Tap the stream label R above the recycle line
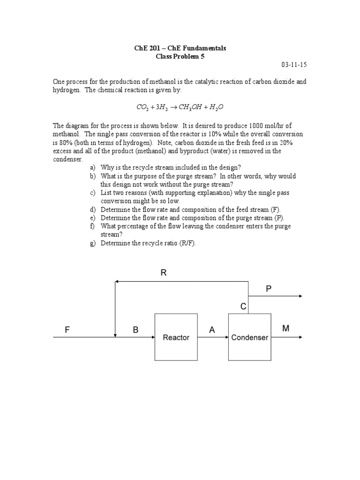(164, 273)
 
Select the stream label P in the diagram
(269, 289)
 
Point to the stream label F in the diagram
(67, 330)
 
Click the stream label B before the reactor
(135, 330)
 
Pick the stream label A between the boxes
(212, 330)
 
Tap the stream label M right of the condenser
(285, 329)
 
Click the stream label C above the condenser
(243, 307)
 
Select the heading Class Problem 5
(180, 56)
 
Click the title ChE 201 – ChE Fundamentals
(180, 48)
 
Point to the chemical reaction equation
(180, 107)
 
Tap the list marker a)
(92, 168)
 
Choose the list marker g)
(92, 244)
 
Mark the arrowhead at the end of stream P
(300, 296)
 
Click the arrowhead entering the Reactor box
(152, 337)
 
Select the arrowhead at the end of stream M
(300, 337)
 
